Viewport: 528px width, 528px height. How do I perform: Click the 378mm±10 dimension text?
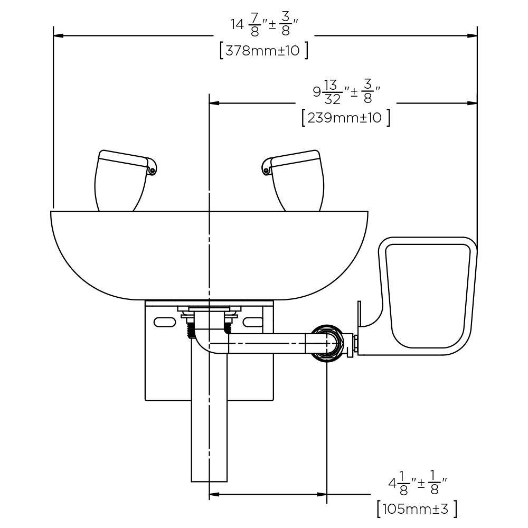click(263, 51)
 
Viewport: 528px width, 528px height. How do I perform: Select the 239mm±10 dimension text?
click(346, 117)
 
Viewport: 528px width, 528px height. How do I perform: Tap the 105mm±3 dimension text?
click(417, 509)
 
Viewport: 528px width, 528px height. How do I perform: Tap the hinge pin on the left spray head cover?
click(152, 171)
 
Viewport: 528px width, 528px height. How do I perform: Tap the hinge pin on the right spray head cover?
click(267, 171)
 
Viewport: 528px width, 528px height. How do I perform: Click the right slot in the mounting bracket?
click(253, 322)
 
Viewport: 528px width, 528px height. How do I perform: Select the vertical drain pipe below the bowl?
click(209, 422)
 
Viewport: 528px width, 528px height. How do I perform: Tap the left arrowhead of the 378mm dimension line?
click(58, 36)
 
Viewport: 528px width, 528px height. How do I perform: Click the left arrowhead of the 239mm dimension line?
click(214, 103)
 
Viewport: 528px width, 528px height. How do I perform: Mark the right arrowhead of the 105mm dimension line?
click(322, 495)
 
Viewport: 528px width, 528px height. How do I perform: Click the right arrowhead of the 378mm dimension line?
click(473, 36)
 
